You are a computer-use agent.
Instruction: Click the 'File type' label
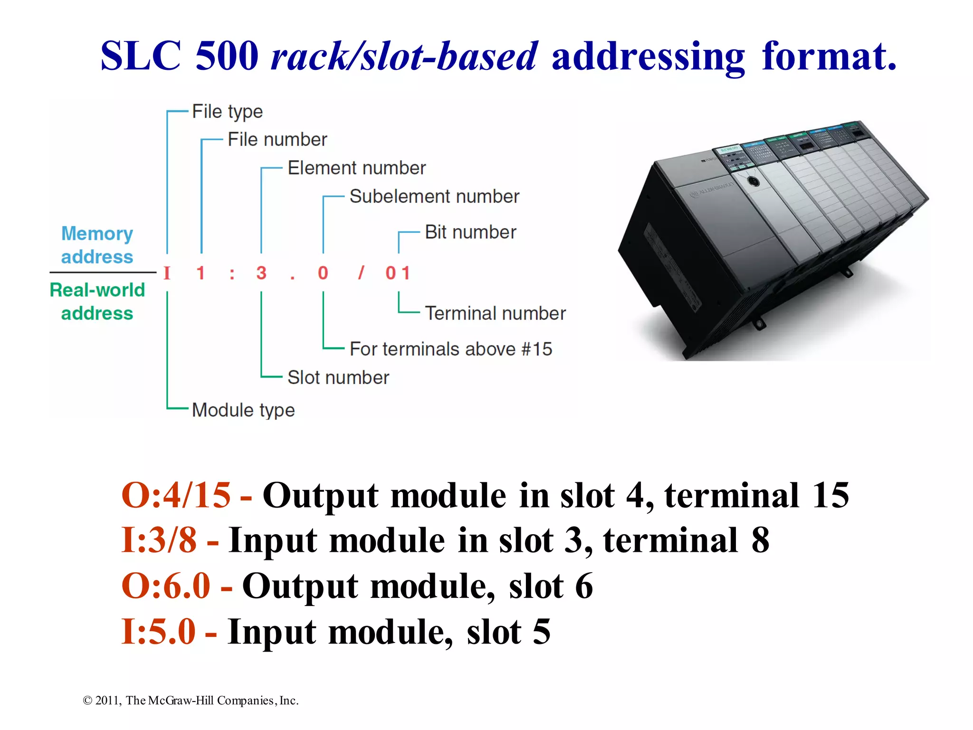tap(227, 112)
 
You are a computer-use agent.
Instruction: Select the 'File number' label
tap(277, 140)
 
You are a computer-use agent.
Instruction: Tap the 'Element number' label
tap(356, 168)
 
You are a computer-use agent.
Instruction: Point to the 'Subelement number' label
tap(434, 197)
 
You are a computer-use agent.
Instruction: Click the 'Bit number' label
tap(470, 232)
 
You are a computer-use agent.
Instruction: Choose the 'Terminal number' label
tap(495, 314)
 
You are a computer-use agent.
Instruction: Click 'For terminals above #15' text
tap(451, 349)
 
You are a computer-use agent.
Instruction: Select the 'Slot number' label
tap(338, 378)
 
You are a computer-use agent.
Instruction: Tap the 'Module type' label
tap(243, 410)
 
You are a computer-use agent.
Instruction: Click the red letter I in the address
tap(167, 273)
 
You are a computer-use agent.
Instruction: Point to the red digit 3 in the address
tap(261, 273)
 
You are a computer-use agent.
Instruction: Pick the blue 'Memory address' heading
tap(97, 245)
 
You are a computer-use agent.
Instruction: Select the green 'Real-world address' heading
tap(97, 302)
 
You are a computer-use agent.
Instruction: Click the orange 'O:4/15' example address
tap(176, 496)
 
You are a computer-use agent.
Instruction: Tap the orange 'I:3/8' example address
tap(159, 540)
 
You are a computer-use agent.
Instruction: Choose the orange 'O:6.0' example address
tap(166, 586)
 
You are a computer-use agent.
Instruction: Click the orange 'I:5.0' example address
tap(158, 632)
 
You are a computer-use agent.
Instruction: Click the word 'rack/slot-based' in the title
tap(404, 56)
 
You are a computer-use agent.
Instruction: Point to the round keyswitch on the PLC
tap(753, 181)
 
